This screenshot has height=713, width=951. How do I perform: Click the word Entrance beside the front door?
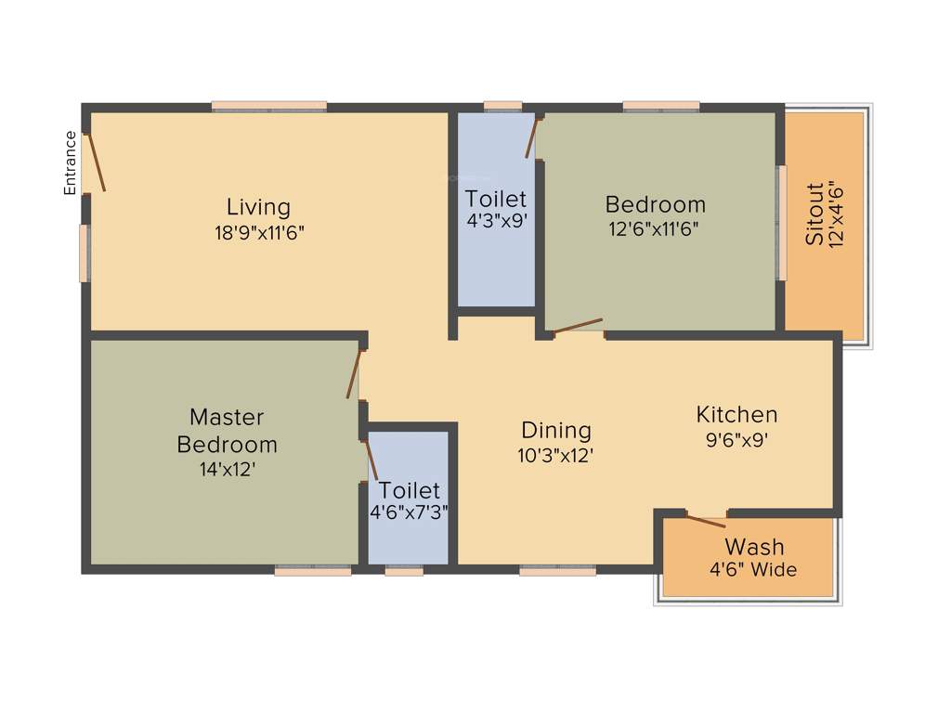(x=70, y=162)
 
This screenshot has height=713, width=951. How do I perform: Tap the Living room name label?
(x=258, y=207)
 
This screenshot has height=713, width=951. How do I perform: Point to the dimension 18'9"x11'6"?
(x=259, y=232)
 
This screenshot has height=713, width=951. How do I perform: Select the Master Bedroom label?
(x=227, y=431)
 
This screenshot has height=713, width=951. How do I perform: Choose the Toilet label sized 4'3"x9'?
(x=496, y=199)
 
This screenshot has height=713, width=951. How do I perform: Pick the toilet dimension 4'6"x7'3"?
(x=410, y=512)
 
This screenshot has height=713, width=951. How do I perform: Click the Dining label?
(x=555, y=431)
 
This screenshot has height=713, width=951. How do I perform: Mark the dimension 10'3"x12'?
(x=555, y=456)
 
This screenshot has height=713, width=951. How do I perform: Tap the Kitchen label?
(x=737, y=414)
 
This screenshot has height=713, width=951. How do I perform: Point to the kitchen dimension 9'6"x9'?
(x=736, y=440)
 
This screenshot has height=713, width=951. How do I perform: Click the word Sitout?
(x=814, y=214)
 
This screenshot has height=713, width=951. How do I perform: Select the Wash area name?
(x=754, y=546)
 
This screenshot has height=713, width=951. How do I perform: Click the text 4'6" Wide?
(x=754, y=570)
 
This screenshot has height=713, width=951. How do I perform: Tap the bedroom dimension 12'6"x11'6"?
(x=654, y=229)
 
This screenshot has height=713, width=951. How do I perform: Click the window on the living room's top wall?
(x=268, y=107)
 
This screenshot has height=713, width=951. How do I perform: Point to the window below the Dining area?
(x=557, y=571)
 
